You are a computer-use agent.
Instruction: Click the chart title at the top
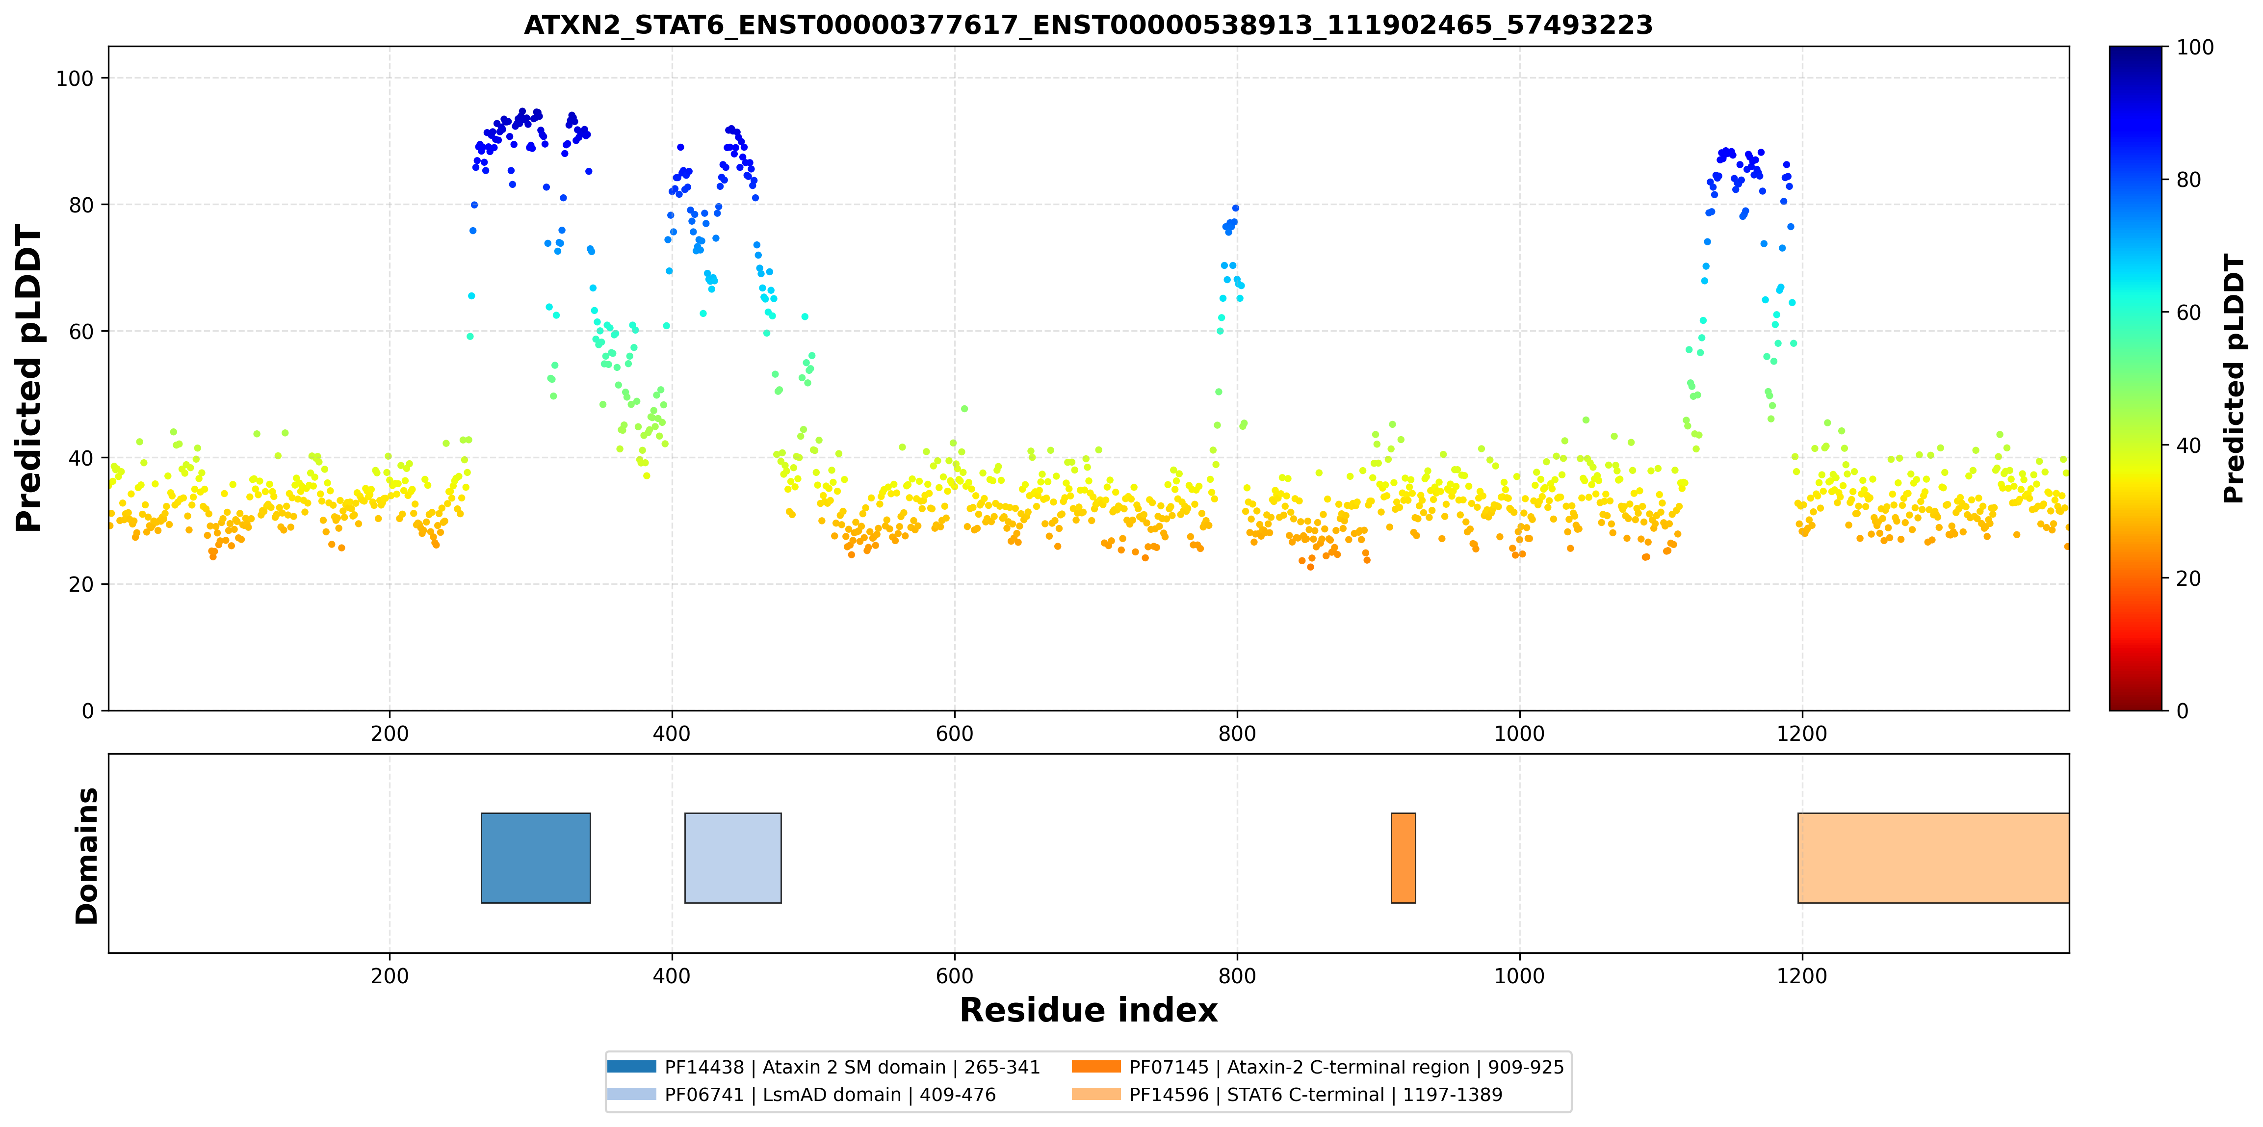click(x=1089, y=25)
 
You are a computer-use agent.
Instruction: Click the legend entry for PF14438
click(x=823, y=1067)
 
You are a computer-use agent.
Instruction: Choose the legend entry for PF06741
click(x=801, y=1095)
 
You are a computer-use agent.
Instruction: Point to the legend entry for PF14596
click(x=1287, y=1095)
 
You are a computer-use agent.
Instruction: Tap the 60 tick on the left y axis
click(x=81, y=331)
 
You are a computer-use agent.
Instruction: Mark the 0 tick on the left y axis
click(x=88, y=710)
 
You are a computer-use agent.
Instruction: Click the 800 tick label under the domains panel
click(x=1237, y=976)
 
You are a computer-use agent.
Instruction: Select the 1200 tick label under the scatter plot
click(x=1802, y=734)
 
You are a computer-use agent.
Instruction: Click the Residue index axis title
click(x=1089, y=1010)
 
